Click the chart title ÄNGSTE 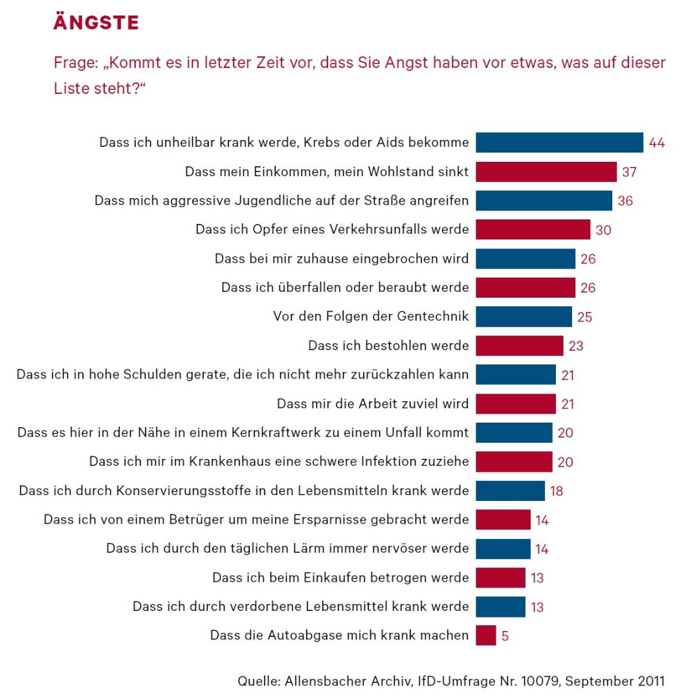point(96,23)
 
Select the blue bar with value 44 point(559,142)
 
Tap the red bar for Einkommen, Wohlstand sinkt point(546,172)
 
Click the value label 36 point(625,201)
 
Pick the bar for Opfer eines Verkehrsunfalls point(533,229)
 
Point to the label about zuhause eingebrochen point(342,258)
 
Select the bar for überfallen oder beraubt point(525,287)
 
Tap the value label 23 point(575,346)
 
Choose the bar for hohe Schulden point(515,374)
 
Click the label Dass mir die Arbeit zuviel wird point(373,404)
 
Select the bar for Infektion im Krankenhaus point(514,461)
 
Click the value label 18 point(556,491)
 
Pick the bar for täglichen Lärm point(503,548)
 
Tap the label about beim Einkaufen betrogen point(340,577)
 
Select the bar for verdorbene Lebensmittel point(500,606)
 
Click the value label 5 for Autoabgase point(505,636)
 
